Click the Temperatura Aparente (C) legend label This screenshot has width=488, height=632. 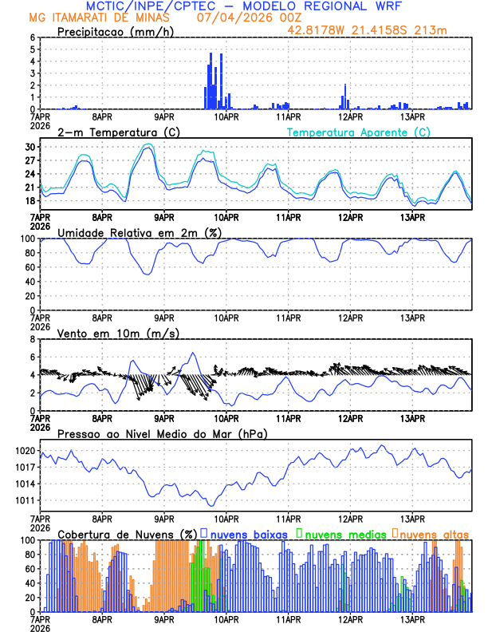(x=359, y=132)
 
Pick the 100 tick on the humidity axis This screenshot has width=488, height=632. (x=26, y=239)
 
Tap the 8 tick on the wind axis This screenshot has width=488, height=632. (x=33, y=339)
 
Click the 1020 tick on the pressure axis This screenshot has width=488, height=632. (x=26, y=451)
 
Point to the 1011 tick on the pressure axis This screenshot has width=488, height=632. (x=26, y=500)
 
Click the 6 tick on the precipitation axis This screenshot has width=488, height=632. (x=33, y=38)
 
